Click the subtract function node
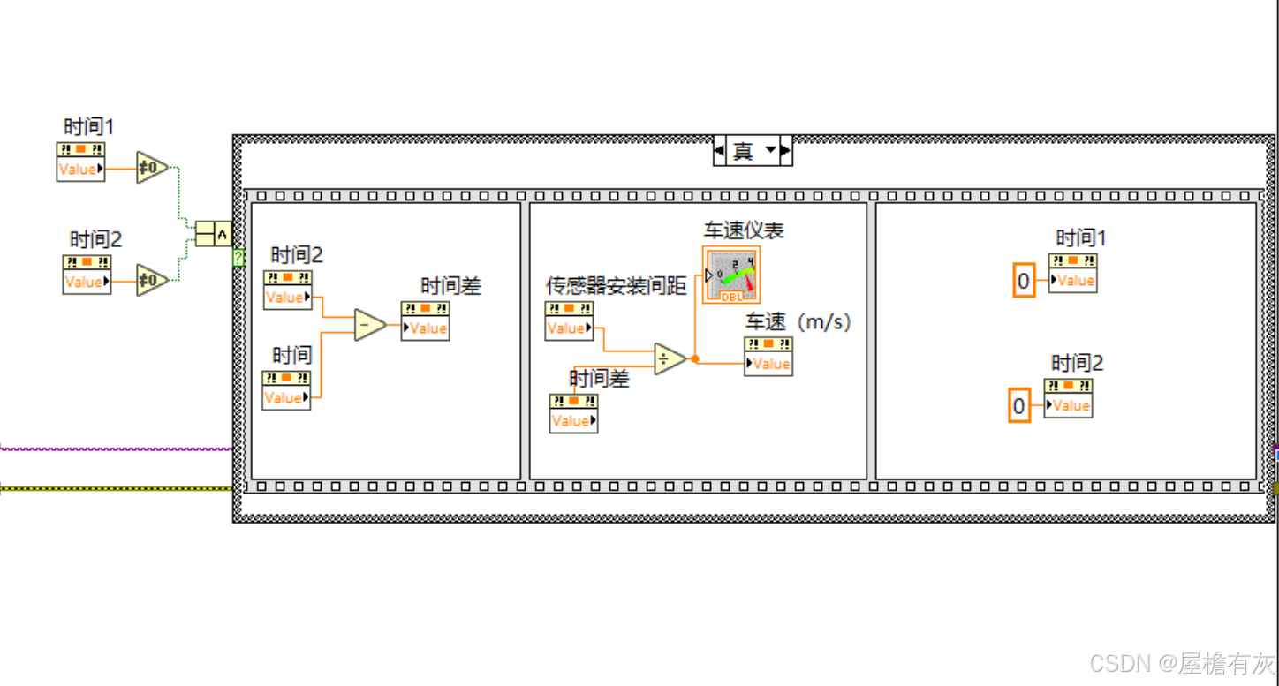[368, 325]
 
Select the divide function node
[669, 358]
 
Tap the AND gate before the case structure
[212, 233]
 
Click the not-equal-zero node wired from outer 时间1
[151, 168]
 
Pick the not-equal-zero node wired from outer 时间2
[151, 280]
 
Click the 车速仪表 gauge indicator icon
[731, 275]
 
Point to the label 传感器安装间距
[616, 286]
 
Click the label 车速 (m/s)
[798, 322]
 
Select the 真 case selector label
[743, 151]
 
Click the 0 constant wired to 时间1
[1023, 281]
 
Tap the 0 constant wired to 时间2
[1019, 406]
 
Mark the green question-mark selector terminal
[238, 257]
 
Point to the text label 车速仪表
[743, 231]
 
